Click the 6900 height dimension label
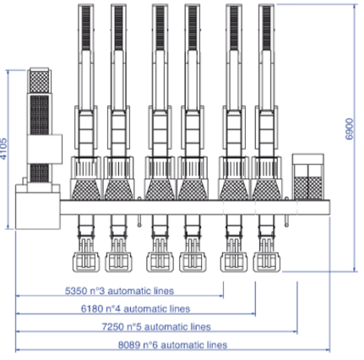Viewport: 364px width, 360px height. pyautogui.click(x=349, y=128)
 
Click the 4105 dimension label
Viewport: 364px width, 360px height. pyautogui.click(x=3, y=149)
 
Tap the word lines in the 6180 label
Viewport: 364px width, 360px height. pyautogui.click(x=180, y=308)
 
